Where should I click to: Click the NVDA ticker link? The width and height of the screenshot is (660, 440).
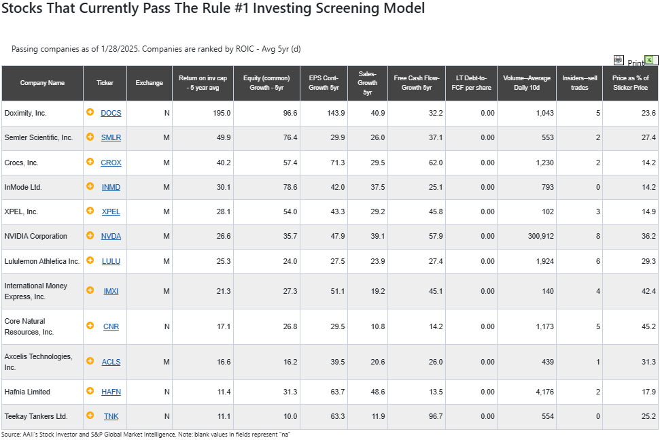point(111,236)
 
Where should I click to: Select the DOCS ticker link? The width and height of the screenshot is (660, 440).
point(111,113)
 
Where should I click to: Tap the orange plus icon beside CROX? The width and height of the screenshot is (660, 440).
point(90,162)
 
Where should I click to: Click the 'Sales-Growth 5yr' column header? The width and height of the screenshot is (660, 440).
point(368,83)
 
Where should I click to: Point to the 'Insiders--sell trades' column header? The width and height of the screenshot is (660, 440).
point(580,83)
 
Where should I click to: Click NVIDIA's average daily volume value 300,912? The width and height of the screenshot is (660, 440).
point(541,236)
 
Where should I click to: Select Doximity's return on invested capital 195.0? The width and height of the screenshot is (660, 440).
point(222,113)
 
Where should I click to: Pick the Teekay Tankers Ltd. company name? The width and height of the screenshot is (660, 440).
point(36,416)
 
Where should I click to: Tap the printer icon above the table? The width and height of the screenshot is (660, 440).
point(619,61)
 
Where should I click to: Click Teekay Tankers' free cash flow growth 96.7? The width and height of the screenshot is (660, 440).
point(436,416)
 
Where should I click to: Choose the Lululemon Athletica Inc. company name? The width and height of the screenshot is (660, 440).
point(41,261)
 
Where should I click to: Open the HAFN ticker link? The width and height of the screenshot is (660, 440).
point(111,392)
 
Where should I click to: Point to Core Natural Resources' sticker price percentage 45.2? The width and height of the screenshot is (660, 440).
point(648,326)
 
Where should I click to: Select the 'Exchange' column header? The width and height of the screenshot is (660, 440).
point(149,83)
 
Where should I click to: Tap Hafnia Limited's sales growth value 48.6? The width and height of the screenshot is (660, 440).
point(377,392)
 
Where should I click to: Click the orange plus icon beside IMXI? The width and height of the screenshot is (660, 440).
point(90,290)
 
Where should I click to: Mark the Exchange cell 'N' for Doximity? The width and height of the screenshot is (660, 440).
point(167,113)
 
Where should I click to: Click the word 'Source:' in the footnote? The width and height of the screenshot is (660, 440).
point(10,435)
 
